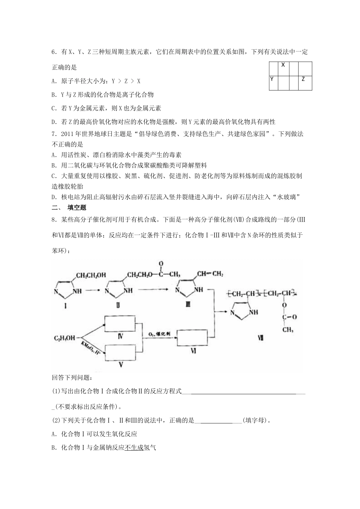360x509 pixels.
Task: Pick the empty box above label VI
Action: click(193, 338)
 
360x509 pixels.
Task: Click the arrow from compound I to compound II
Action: click(92, 290)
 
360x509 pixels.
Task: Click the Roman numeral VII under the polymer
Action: click(260, 339)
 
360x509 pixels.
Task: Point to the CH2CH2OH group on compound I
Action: click(91, 275)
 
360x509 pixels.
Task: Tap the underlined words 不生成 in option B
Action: click(134, 448)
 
